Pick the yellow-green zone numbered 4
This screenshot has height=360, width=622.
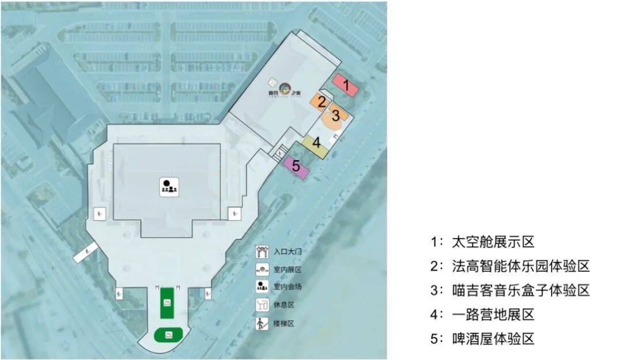(316, 144)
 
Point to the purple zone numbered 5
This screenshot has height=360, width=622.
(296, 166)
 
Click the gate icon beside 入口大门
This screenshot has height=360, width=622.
(262, 251)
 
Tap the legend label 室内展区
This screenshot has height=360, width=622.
(288, 269)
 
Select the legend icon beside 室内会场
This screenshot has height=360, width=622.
(262, 286)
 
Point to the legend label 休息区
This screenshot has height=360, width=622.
(284, 305)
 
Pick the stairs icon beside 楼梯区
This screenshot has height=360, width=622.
(262, 324)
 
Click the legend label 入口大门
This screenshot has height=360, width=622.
(288, 251)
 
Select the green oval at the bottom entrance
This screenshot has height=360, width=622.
(169, 334)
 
